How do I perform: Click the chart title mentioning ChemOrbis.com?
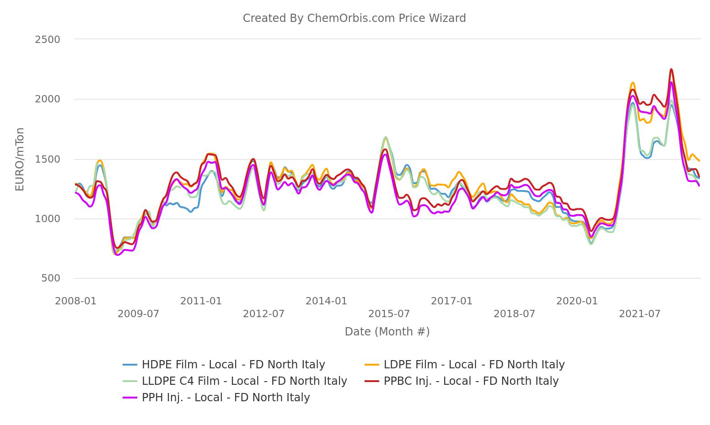(354, 18)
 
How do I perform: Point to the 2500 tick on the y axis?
(48, 40)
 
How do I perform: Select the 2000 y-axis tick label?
(48, 99)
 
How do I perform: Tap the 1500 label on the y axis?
(48, 159)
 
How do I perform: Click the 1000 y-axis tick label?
(48, 219)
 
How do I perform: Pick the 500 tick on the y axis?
(50, 278)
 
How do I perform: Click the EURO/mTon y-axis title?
(20, 159)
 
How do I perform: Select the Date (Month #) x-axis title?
(387, 332)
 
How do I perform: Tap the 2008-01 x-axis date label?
(75, 301)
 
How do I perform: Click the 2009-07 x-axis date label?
(138, 314)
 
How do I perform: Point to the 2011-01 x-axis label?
(201, 301)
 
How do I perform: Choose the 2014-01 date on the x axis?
(326, 301)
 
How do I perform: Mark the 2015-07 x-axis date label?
(389, 314)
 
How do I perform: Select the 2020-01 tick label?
(577, 301)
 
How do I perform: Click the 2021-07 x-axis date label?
(640, 314)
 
